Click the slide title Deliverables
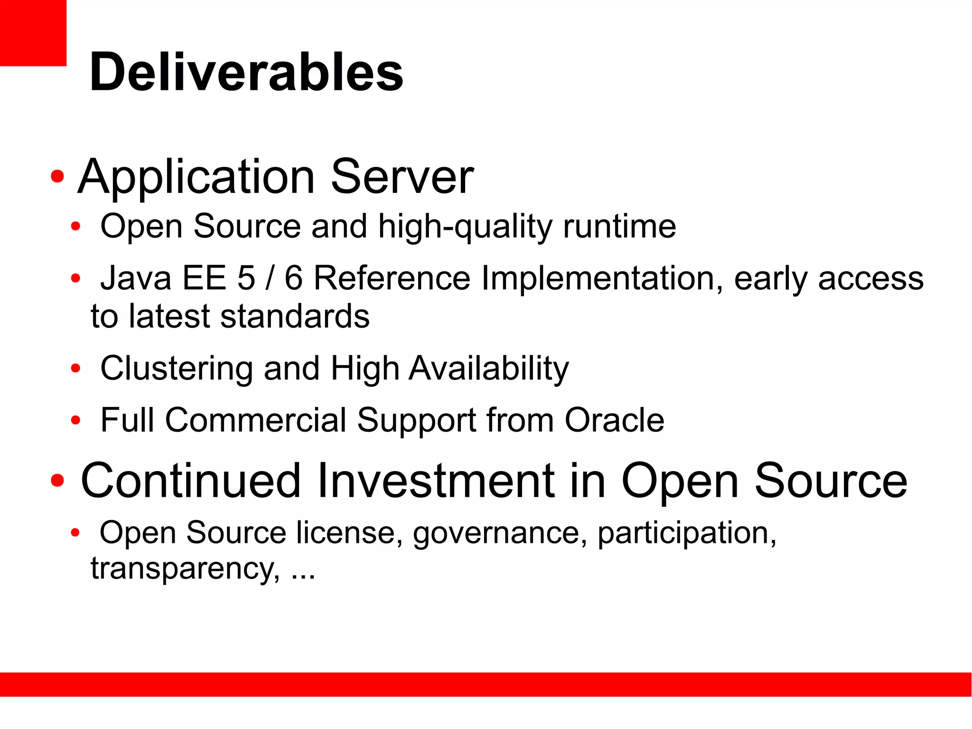(246, 72)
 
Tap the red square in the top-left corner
(32, 32)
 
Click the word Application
(196, 177)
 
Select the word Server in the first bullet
(402, 177)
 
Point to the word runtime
(619, 226)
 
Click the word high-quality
(465, 227)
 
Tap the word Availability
(488, 369)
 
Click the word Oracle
(614, 420)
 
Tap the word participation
(686, 533)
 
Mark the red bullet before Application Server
(57, 177)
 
